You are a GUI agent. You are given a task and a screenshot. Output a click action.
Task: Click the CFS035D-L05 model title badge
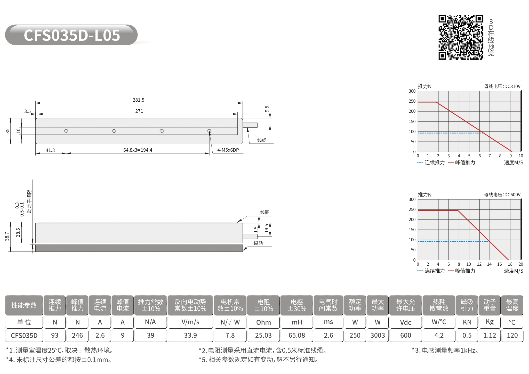coord(71,35)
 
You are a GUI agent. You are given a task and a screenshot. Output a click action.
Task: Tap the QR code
coord(461,37)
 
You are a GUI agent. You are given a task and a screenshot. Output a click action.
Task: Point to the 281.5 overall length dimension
coord(139,100)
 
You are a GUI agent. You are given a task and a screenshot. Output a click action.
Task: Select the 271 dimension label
coord(139,111)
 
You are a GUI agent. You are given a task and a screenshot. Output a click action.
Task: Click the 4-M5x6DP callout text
coord(228,150)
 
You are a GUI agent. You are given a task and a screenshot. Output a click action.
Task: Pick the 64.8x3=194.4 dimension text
coord(138,150)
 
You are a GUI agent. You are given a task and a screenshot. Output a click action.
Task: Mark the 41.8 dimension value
coord(50,150)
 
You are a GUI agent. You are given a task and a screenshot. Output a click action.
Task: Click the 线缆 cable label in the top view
coord(262,140)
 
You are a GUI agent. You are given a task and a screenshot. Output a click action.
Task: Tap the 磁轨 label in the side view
coord(259,243)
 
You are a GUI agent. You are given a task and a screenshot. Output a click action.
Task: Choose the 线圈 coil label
coord(265,212)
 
